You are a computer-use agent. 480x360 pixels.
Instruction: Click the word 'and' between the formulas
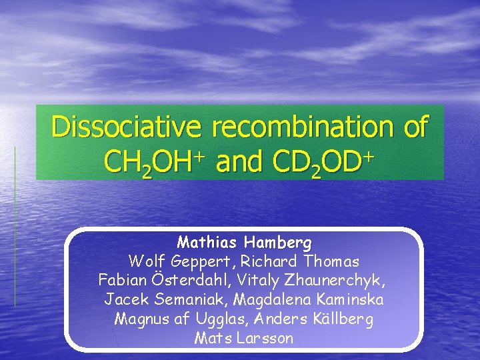point(239,161)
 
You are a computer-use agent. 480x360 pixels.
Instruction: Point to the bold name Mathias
point(207,241)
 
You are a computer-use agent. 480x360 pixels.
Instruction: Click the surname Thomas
point(331,261)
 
